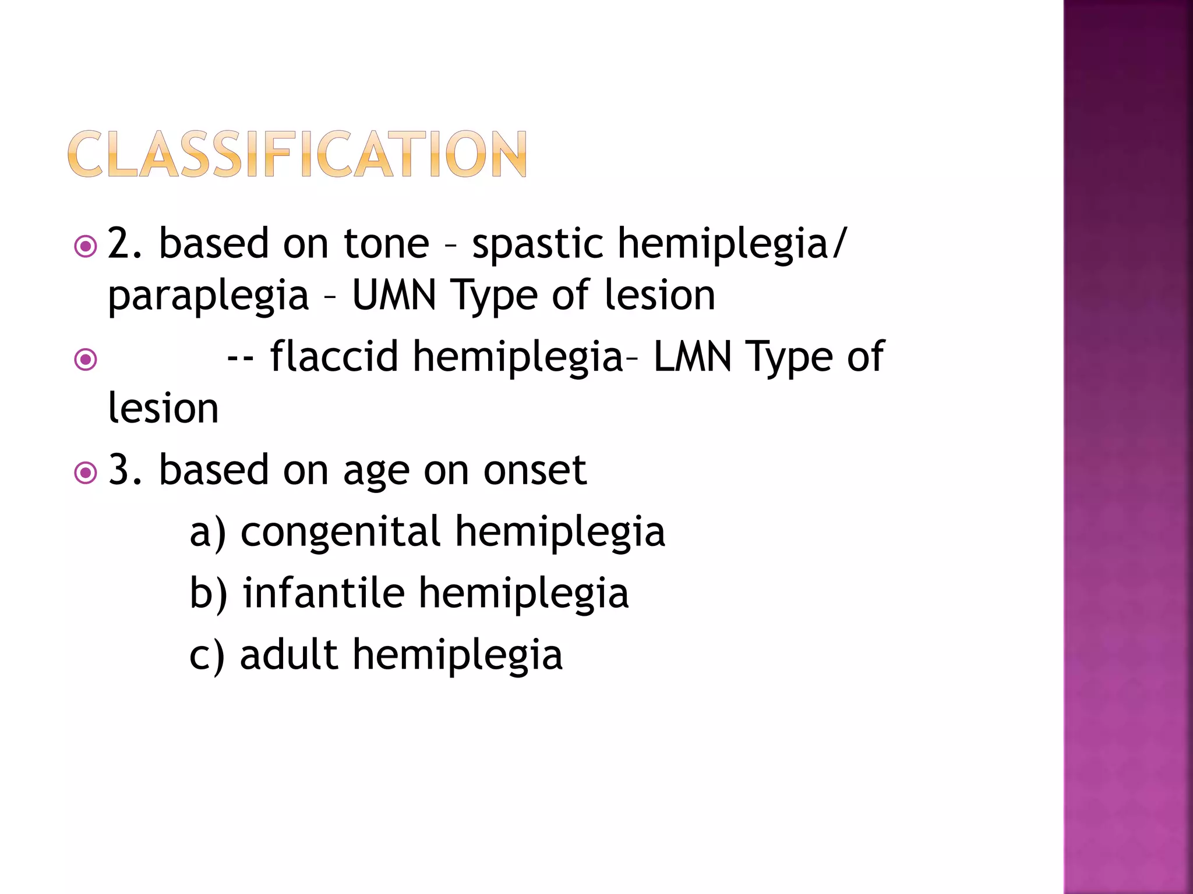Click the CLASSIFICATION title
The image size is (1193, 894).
(x=297, y=154)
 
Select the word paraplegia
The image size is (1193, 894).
(x=208, y=296)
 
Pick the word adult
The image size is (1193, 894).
(x=288, y=654)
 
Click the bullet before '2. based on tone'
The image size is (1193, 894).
(x=86, y=247)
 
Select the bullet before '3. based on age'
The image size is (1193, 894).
(x=86, y=473)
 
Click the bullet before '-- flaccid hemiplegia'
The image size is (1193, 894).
(x=86, y=360)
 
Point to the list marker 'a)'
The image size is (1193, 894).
(x=207, y=532)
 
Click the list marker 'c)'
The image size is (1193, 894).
(x=207, y=655)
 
